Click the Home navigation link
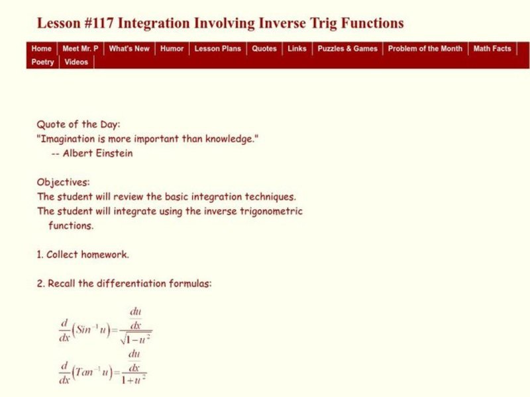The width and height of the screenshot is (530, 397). point(41,48)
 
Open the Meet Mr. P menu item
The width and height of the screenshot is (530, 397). point(80,48)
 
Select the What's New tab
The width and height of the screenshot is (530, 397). point(129,48)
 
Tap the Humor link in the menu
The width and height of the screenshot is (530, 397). point(172,48)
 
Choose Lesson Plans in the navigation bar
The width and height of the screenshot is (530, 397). point(217,48)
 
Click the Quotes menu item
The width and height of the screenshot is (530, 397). point(264,48)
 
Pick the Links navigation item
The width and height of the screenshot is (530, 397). point(297,48)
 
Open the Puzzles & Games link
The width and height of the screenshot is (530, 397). point(347,48)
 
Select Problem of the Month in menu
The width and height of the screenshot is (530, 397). point(425,48)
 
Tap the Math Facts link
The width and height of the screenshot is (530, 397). point(492,48)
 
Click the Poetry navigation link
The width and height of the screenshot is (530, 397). point(43,62)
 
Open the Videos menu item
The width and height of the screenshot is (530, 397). point(76,62)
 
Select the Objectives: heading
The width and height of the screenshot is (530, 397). point(63,182)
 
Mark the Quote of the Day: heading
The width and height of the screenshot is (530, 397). point(79,124)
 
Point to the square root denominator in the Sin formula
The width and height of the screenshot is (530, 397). point(137,339)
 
